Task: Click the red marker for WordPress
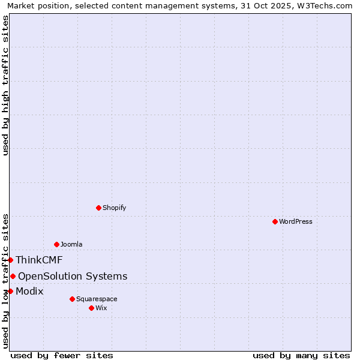275,221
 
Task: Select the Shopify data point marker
98,208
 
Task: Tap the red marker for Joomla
56,244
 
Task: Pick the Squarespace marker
72,299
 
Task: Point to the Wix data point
91,308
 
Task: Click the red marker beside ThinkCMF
10,260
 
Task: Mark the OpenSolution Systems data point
13,276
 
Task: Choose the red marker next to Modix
10,291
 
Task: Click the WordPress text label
296,221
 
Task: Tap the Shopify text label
115,208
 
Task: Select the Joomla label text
71,244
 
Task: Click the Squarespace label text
97,299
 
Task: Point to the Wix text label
101,308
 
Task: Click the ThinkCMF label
39,260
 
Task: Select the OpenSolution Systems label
73,276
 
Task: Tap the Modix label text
29,291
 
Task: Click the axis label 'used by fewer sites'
62,355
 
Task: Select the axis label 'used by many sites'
301,355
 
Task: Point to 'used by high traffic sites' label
5,85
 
